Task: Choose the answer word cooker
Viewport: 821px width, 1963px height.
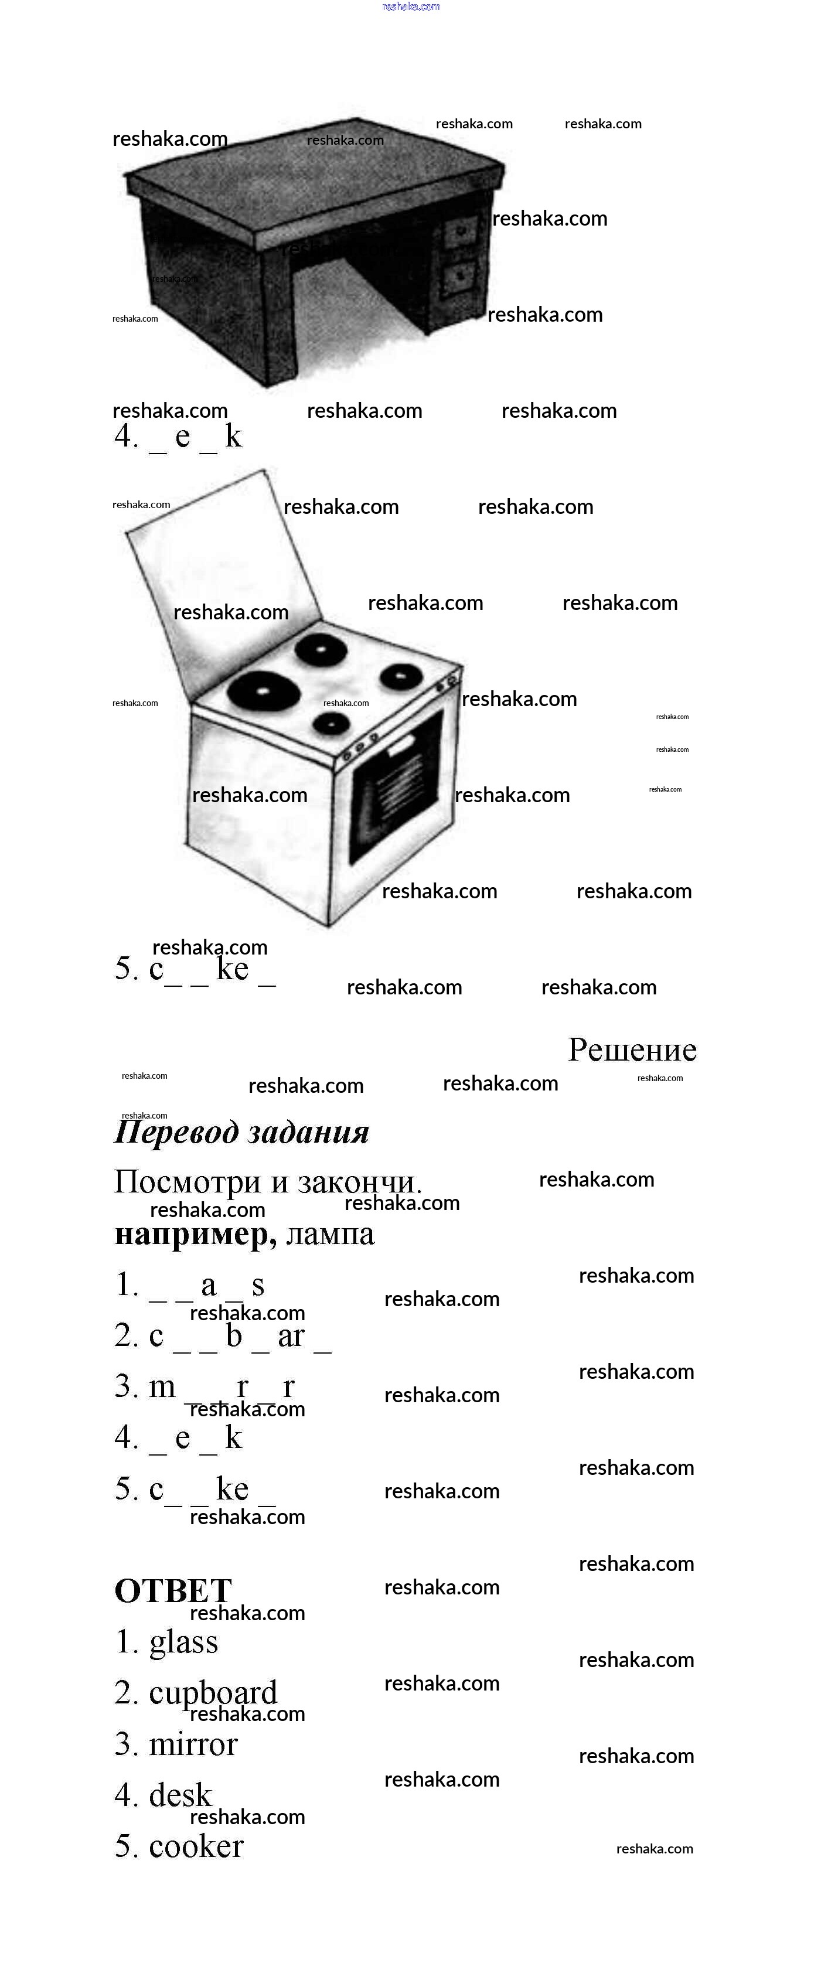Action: pos(196,1846)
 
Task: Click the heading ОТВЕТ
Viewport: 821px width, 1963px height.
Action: pos(173,1591)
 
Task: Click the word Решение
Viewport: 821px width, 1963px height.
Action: pos(632,1050)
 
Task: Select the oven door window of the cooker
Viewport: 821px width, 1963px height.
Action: pos(396,785)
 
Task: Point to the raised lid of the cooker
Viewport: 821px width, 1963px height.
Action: pos(221,579)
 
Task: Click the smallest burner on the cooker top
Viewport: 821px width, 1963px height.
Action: pos(332,723)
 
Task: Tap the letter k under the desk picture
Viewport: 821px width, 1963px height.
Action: pos(233,437)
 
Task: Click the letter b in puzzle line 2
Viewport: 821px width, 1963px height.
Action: pos(234,1336)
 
